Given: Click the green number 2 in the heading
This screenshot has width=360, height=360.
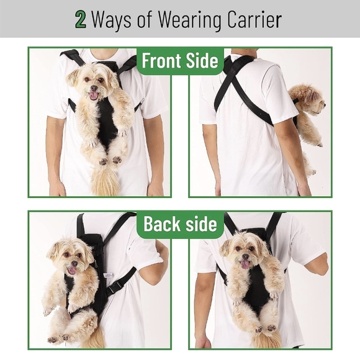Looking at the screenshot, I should pyautogui.click(x=81, y=19).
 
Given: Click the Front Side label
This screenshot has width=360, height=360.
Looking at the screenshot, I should pyautogui.click(x=180, y=61).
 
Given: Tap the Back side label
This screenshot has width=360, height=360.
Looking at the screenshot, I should pyautogui.click(x=180, y=223).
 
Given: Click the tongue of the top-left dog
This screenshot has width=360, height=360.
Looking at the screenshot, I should pyautogui.click(x=94, y=96).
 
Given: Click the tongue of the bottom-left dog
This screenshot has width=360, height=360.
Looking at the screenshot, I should pyautogui.click(x=72, y=269).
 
